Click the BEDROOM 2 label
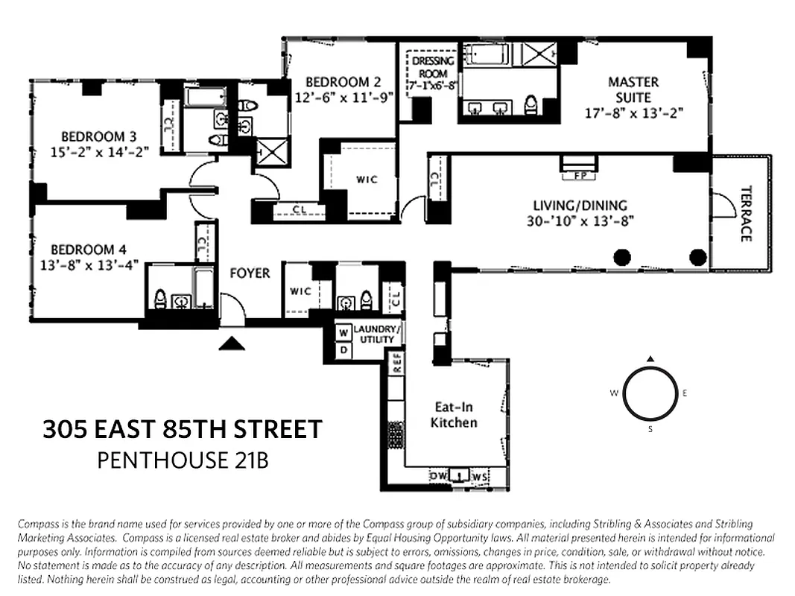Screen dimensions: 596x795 (x=343, y=82)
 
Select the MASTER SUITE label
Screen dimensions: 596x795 (x=633, y=89)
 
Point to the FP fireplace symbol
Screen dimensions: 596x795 (x=578, y=176)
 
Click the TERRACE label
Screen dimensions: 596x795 (x=745, y=213)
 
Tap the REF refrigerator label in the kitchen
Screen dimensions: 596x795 (x=398, y=363)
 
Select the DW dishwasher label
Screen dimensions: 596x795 (x=438, y=475)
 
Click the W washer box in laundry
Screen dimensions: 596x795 (x=343, y=332)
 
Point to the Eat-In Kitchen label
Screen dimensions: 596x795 (x=455, y=415)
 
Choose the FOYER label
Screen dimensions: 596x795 (x=250, y=273)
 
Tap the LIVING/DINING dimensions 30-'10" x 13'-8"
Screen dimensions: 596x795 (x=580, y=221)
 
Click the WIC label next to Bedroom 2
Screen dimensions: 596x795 (x=366, y=180)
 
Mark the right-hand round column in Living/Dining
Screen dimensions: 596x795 (x=697, y=258)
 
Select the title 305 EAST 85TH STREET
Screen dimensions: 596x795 (x=183, y=430)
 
